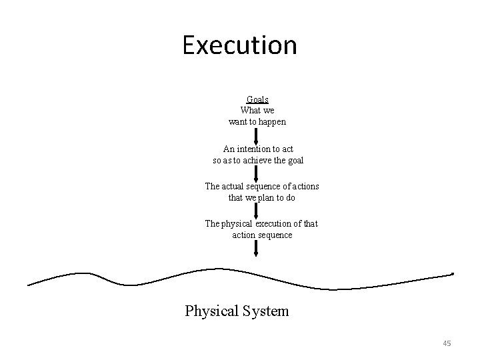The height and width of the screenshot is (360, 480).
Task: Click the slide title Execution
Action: point(239,45)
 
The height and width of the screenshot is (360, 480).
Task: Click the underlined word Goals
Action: point(257,99)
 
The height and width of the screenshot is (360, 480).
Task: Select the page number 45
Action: point(447,343)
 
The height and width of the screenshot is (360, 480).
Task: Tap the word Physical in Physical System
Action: point(211,311)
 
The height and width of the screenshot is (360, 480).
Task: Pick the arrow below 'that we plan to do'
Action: point(257,210)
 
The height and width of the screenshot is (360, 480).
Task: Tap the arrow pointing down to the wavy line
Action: point(257,249)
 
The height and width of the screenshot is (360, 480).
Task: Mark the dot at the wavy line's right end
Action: point(453,274)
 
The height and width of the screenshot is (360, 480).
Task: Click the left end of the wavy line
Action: point(29,285)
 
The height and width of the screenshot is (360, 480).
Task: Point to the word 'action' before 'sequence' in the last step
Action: point(245,235)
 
